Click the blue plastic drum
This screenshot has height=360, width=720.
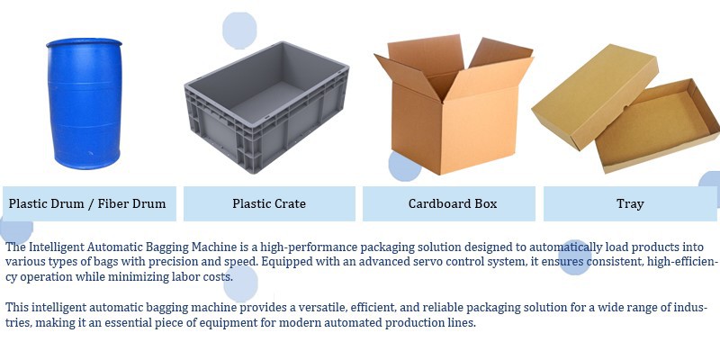85,103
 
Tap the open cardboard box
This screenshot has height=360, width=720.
454,103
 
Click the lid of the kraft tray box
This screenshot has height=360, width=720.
595,95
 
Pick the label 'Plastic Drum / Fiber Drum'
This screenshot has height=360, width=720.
87,203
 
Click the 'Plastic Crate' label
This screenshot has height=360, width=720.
269,203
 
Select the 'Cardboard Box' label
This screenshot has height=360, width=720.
453,203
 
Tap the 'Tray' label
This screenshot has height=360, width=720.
630,203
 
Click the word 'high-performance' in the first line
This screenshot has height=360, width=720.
309,247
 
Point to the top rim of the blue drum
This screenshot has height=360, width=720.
84,42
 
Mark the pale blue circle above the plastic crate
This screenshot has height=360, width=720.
239,31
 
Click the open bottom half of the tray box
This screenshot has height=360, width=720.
658,126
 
